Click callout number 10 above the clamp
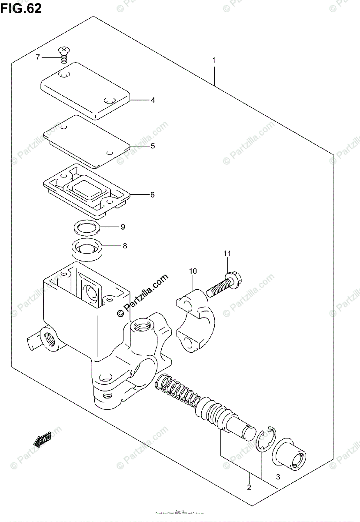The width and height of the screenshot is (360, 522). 193,271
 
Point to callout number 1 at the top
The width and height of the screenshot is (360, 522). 214,60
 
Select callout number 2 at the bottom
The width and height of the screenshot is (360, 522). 249,488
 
